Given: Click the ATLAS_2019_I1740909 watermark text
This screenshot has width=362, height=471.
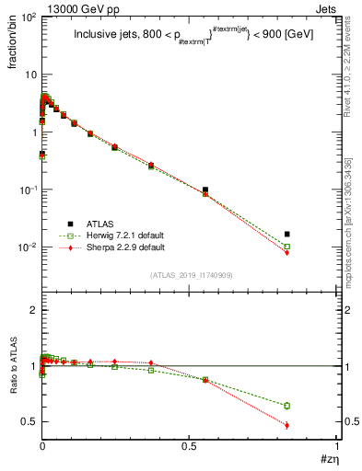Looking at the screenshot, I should [191, 275].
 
